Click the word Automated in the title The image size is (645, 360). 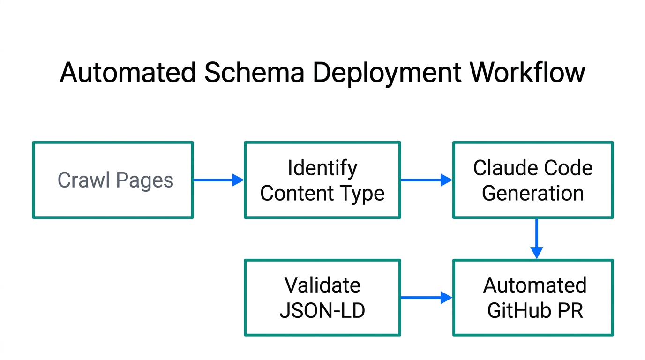127,73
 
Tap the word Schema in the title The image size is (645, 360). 253,73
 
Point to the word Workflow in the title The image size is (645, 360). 528,73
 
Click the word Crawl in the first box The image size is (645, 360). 83,180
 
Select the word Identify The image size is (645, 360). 322,168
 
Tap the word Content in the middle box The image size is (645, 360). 297,193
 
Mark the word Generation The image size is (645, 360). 532,193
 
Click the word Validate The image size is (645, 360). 322,285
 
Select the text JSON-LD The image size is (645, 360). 322,310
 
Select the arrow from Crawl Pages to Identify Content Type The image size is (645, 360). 218,180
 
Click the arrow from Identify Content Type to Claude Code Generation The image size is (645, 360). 426,180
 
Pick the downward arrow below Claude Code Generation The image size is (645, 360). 536,239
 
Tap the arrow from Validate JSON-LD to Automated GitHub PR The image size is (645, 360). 426,297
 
